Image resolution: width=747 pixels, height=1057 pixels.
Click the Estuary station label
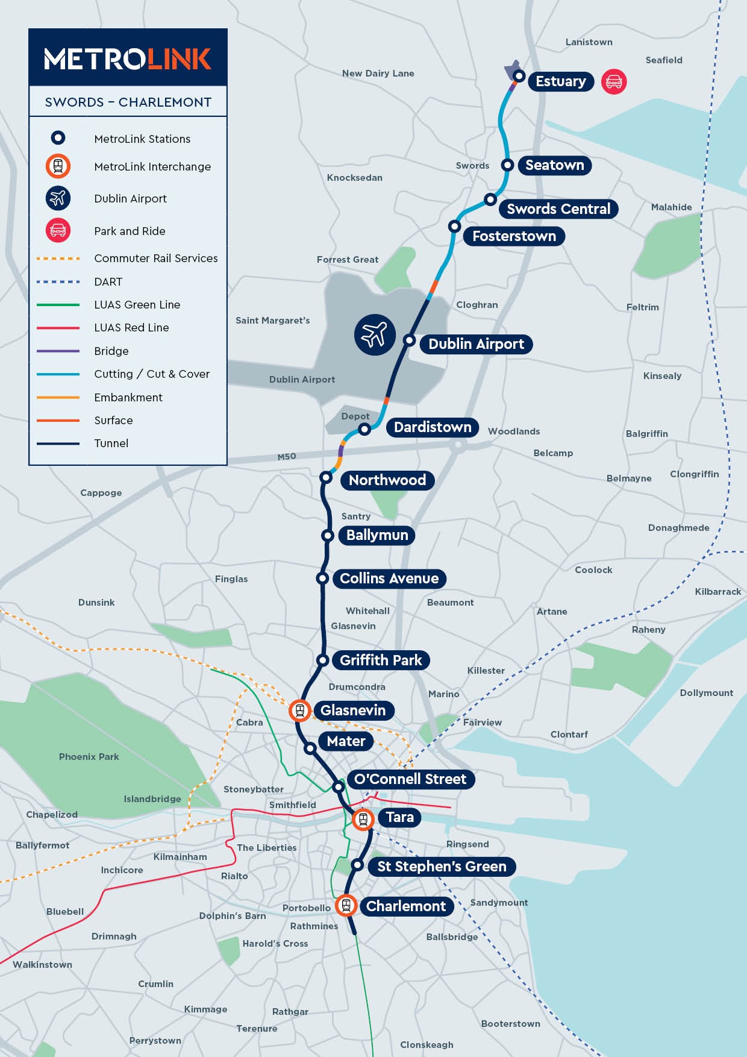[560, 81]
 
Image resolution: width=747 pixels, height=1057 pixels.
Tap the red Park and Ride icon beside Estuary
[614, 81]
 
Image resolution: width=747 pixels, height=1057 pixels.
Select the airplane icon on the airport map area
[374, 334]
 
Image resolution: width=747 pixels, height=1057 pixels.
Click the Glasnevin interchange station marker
[299, 710]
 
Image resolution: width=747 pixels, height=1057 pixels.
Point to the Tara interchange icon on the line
[363, 819]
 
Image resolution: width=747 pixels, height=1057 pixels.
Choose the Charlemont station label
[405, 906]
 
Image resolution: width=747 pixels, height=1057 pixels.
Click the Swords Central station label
[558, 209]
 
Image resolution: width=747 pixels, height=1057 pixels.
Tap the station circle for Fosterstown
[455, 226]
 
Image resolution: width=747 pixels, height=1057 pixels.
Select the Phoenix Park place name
[89, 757]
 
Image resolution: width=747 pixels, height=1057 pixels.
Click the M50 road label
[287, 457]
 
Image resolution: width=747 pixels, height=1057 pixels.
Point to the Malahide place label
[671, 207]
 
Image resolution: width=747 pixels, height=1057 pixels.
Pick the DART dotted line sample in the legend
[58, 281]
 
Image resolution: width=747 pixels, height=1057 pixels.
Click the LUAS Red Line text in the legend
[131, 328]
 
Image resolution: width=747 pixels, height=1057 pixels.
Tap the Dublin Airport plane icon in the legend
[58, 198]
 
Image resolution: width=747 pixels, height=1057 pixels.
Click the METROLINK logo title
[128, 58]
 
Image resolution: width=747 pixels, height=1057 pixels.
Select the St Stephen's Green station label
[441, 867]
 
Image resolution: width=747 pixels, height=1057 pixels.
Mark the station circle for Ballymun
[327, 535]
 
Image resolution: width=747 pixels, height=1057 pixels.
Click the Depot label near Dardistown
[355, 416]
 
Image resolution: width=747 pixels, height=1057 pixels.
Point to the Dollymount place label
[706, 693]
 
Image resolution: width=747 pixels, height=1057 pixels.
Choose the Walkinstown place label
[42, 965]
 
